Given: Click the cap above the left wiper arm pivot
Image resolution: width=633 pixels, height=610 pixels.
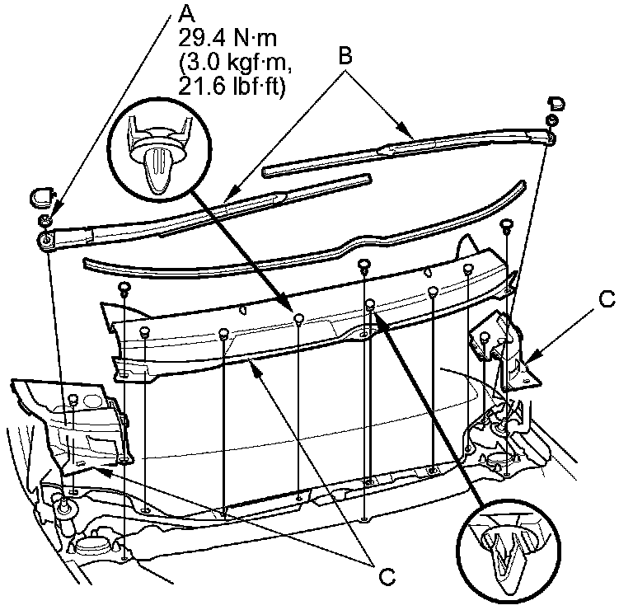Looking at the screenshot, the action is (42, 196).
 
